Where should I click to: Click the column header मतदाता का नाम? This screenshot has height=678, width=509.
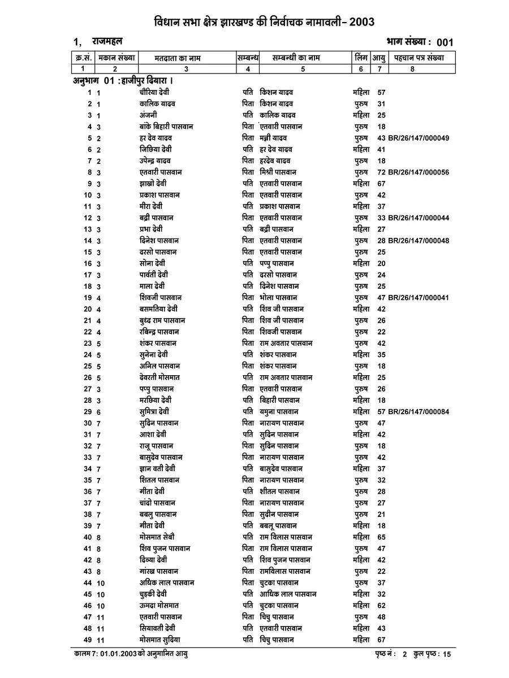click(x=178, y=58)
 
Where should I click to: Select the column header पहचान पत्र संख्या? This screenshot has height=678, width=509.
click(x=420, y=58)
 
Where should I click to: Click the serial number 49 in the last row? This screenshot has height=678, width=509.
click(x=88, y=640)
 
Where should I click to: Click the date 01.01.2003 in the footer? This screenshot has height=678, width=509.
click(x=119, y=654)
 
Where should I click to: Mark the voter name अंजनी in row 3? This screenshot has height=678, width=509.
click(x=149, y=115)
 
